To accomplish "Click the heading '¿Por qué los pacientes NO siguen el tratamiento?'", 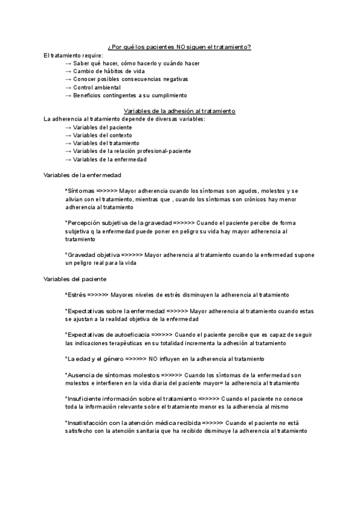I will pyautogui.click(x=179, y=47).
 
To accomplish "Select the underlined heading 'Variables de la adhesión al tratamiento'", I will pyautogui.click(x=179, y=111).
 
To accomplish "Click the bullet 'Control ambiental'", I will pyautogui.click(x=97, y=87).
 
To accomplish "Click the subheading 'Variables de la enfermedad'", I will pyautogui.click(x=83, y=175).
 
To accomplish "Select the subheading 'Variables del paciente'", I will pyautogui.click(x=76, y=279).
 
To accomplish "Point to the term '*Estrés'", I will pyautogui.click(x=76, y=295).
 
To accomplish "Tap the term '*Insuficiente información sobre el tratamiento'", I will pyautogui.click(x=130, y=399).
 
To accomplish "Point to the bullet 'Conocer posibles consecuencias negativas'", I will pyautogui.click(x=131, y=79).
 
